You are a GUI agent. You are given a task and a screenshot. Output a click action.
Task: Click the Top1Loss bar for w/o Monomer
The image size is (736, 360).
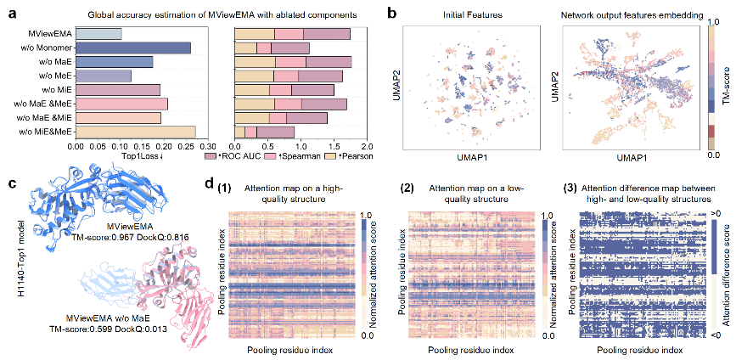point(133,48)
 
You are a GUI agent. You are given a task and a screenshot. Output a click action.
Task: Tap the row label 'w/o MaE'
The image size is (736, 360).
point(55,62)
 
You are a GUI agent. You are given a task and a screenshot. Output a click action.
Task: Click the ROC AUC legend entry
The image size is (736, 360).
point(228,157)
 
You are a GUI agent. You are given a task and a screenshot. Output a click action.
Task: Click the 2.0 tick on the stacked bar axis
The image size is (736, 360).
point(366,146)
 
